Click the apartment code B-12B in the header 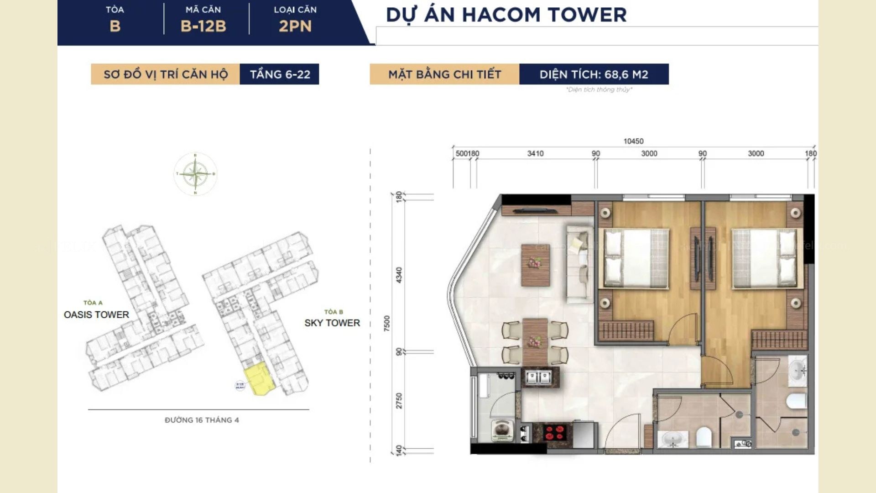point(203,26)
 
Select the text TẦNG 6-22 point(280,74)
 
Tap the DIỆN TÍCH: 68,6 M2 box point(594,74)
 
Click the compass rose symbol point(195,174)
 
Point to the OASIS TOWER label point(96,315)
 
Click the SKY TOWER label point(332,323)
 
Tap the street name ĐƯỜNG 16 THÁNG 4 point(202,420)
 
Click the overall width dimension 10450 point(633,142)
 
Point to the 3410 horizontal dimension point(535,154)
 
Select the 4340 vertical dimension point(399,275)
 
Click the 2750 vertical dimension point(399,401)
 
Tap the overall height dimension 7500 point(387,323)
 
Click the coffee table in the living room point(535,265)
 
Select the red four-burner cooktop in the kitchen point(556,432)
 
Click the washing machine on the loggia point(502,430)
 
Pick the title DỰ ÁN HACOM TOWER point(506,15)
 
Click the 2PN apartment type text point(295,26)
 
